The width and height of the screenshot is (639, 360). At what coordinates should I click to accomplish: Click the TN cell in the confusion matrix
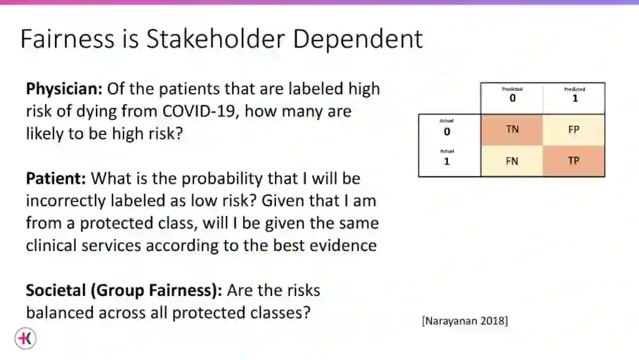pos(512,130)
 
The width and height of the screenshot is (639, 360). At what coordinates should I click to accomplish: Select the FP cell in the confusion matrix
pos(573,130)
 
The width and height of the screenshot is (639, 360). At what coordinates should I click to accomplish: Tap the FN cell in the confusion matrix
pos(512,160)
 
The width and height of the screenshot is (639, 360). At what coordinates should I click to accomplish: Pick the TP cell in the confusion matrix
pos(573,160)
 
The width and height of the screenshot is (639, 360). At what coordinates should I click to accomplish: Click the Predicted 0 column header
pos(512,95)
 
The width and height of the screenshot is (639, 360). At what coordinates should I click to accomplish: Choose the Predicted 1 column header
pos(575,95)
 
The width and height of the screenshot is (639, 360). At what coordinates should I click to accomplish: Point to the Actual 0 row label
pos(447,128)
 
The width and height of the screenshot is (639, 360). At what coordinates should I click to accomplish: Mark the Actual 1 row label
pos(447,157)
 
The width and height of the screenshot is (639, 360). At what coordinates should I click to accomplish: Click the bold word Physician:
pos(64,89)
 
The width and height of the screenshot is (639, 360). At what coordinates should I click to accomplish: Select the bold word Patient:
pos(56,179)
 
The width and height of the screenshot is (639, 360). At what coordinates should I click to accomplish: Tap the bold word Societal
pos(56,290)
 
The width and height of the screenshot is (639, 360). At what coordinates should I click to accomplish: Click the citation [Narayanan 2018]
pos(465,321)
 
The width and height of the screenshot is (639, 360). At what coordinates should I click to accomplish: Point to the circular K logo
pos(25,339)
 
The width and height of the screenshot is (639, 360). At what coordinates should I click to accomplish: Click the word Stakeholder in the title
pos(215,38)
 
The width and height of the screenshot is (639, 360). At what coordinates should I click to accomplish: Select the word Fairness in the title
pos(67,38)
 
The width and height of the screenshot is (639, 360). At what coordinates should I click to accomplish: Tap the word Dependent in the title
pos(358,40)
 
